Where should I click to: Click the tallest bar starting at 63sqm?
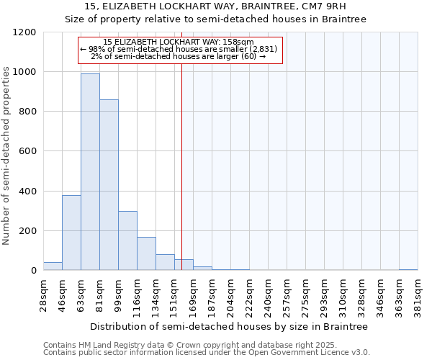(90, 172)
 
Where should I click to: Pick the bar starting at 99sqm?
(127, 240)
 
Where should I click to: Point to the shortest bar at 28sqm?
(53, 266)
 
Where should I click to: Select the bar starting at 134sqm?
(165, 262)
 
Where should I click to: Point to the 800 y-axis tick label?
(27, 112)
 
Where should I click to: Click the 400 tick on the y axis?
(27, 192)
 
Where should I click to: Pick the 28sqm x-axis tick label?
(43, 295)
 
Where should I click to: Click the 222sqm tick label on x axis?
(249, 295)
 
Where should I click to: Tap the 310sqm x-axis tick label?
(343, 295)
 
